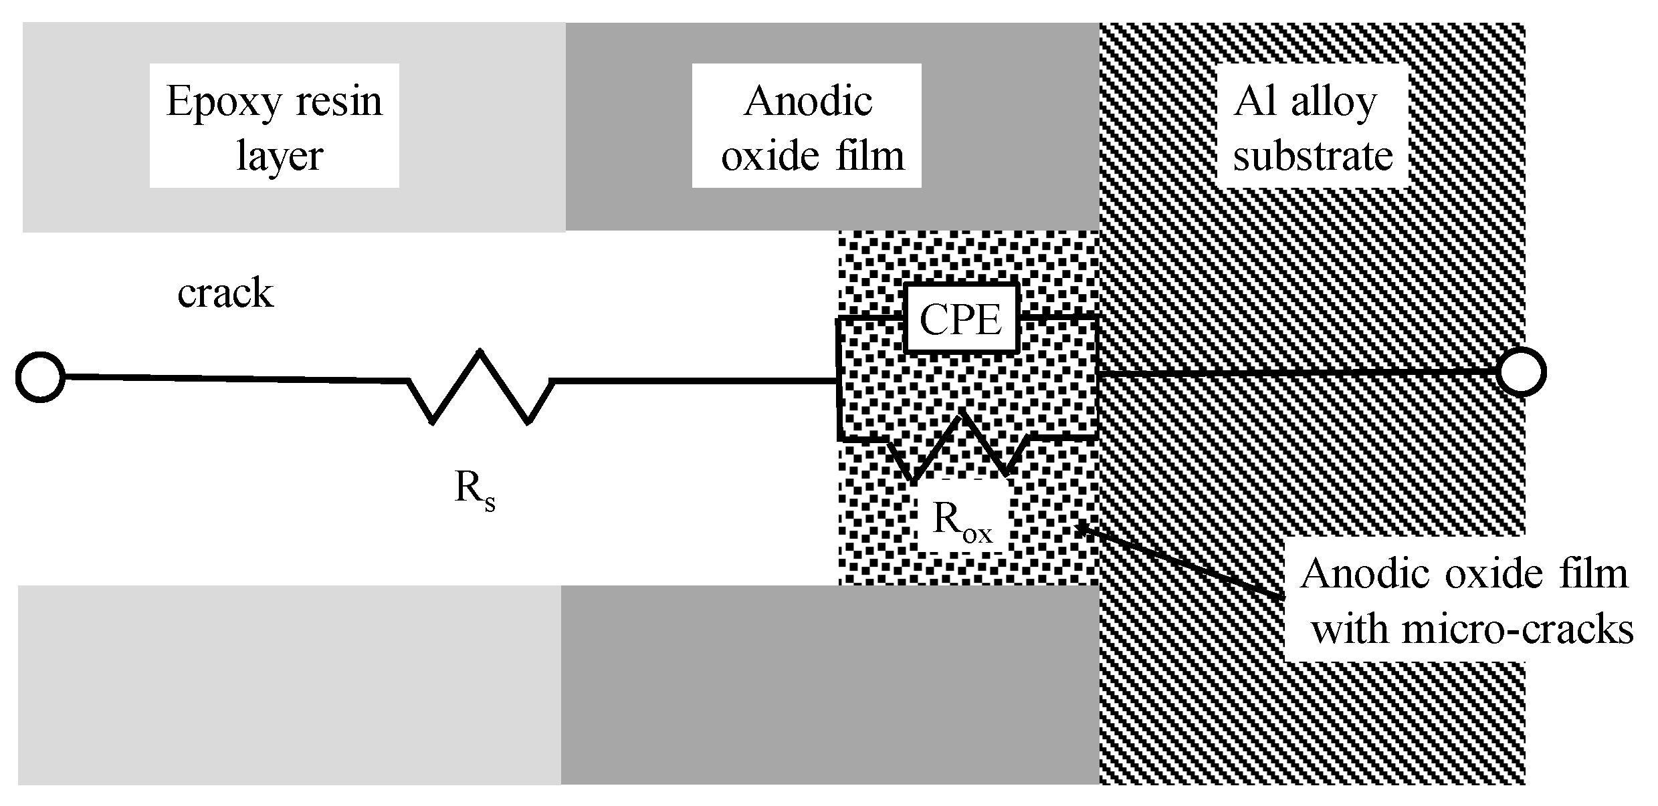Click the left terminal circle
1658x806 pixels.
click(x=40, y=377)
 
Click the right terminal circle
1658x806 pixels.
click(x=1522, y=372)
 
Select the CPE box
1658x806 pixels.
click(x=960, y=319)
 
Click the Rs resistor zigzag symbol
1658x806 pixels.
click(x=480, y=388)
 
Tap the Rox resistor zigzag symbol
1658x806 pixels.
click(x=960, y=446)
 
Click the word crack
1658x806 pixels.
click(x=225, y=293)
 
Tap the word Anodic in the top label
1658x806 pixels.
click(x=808, y=102)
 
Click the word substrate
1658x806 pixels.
click(x=1313, y=156)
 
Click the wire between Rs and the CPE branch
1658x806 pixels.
click(x=696, y=381)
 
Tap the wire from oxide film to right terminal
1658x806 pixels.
click(x=1298, y=372)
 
